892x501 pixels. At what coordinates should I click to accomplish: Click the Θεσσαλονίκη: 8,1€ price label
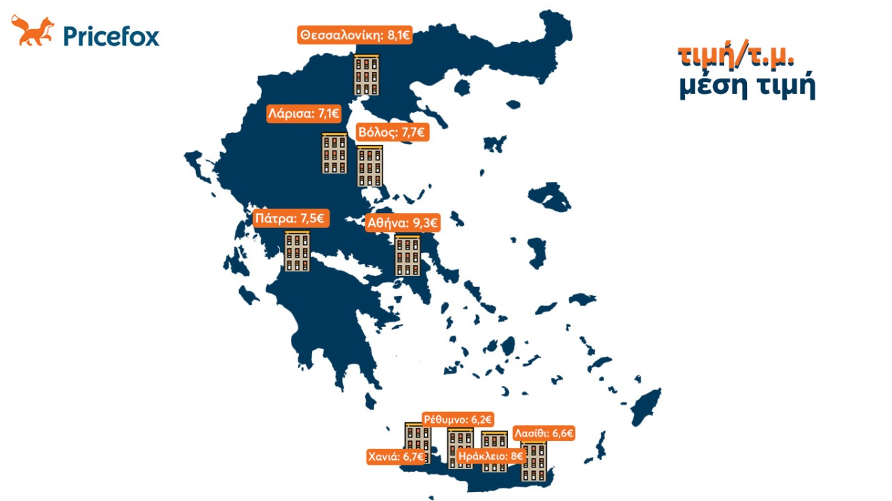pos(355,36)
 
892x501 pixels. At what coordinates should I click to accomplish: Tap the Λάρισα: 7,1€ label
pos(304,114)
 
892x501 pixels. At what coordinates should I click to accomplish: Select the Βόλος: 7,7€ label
pos(392,132)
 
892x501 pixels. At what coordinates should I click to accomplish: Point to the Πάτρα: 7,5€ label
pos(290,218)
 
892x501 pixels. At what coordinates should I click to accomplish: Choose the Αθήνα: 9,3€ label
pos(403,224)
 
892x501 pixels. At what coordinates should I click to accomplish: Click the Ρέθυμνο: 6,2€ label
pos(459,419)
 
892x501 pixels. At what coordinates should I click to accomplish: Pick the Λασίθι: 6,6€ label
pos(544,433)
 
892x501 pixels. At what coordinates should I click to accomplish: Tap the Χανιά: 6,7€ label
pos(396,457)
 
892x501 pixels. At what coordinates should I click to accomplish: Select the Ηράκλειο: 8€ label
pos(491,457)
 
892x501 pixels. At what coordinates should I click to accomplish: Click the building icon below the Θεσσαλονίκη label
pos(367,75)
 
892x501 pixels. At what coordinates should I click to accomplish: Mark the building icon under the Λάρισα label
pos(334,153)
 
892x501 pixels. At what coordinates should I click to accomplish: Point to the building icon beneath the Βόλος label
pos(369,166)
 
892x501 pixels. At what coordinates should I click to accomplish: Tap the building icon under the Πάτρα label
pos(298,251)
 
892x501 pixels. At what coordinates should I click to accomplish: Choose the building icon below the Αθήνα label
pos(408,255)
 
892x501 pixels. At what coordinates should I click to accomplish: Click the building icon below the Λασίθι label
pos(534,461)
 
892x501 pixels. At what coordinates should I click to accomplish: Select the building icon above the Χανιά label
pos(417,437)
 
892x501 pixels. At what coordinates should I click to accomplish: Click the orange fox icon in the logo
pos(32,32)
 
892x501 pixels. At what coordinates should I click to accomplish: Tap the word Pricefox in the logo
pos(111,35)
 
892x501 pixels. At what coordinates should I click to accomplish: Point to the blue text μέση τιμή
pos(746,88)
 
